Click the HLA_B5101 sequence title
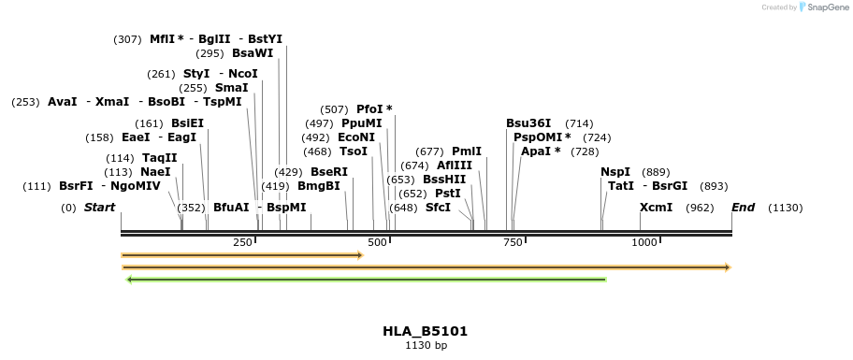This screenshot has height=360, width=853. coord(426,331)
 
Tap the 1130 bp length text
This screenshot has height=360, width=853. coord(426,346)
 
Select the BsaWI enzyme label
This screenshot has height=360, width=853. coord(253,53)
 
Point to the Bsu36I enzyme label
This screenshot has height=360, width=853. coord(528,123)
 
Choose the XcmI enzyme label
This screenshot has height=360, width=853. coord(656,208)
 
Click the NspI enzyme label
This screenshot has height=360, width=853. coord(615,172)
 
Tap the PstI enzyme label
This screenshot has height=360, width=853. coord(448,193)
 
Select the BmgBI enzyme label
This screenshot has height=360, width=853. coord(318,186)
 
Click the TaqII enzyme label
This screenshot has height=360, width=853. coord(159,158)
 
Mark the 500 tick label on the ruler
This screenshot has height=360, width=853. coord(377,242)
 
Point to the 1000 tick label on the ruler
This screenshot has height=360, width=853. coord(644,242)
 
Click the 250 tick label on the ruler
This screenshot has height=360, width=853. coord(242,242)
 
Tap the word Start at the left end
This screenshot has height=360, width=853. coord(99,208)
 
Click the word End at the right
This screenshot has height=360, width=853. coord(744,208)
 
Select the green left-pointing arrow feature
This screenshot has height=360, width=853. coord(366,279)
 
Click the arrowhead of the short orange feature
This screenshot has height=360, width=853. coord(358,254)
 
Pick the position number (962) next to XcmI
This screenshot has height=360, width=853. coord(700,208)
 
